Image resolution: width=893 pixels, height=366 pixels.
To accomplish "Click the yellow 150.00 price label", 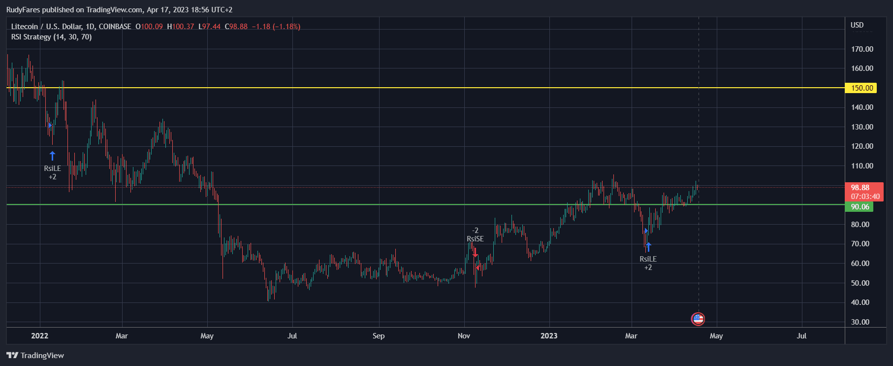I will (861, 88).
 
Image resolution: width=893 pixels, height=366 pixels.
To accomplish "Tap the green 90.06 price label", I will (860, 207).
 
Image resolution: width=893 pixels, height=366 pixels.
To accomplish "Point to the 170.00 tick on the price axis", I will (862, 49).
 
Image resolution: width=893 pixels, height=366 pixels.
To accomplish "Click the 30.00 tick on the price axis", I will (860, 322).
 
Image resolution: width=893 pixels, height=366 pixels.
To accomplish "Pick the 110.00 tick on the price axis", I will (862, 166).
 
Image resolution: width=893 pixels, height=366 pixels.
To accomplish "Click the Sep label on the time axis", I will (378, 336).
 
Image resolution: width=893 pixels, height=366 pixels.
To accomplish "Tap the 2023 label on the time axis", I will (549, 336).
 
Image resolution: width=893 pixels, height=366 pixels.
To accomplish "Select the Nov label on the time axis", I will (464, 336).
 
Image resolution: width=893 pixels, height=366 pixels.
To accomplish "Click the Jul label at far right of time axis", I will (801, 336).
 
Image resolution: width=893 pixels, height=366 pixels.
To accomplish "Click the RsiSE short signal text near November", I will (475, 239).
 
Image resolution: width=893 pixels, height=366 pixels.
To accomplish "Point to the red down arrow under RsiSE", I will (475, 252).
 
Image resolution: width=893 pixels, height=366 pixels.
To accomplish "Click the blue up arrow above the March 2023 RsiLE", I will (648, 247).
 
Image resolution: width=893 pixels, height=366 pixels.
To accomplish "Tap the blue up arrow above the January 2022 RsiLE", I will (53, 156).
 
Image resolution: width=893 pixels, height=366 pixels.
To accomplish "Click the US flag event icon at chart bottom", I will (698, 319).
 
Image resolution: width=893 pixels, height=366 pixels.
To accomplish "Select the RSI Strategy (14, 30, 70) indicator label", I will (51, 37).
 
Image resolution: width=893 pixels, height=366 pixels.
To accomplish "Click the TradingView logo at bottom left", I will (35, 356).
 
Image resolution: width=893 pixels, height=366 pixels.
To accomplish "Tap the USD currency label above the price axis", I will (857, 25).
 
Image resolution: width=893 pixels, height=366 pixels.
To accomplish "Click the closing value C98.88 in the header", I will (236, 27).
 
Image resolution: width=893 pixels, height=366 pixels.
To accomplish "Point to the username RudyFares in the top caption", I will (24, 10).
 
